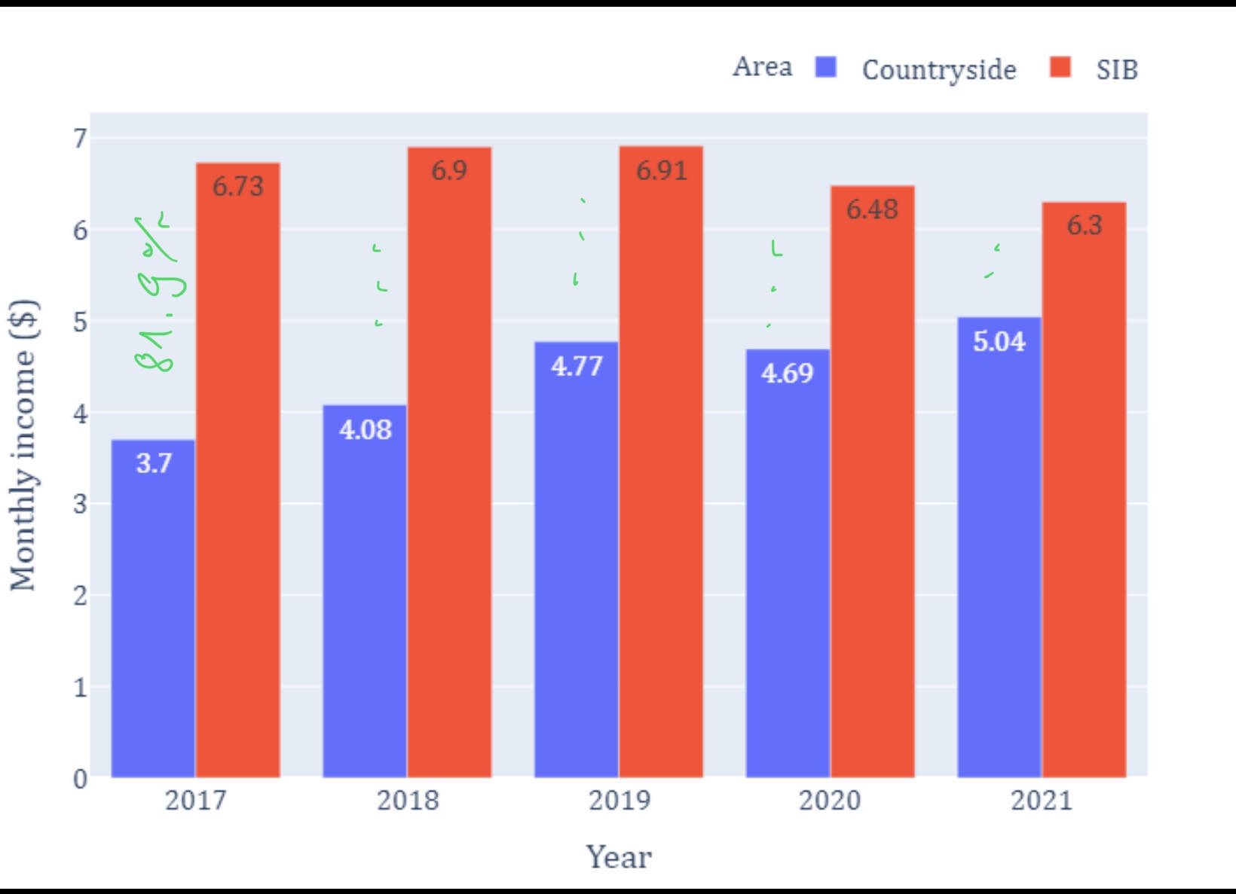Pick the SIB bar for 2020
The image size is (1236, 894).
(x=873, y=482)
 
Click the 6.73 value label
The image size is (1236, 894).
(x=238, y=186)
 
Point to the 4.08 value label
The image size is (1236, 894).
(x=366, y=430)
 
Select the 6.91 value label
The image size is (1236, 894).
(x=662, y=171)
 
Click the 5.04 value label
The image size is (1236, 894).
(x=999, y=342)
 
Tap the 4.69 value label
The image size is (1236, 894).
(x=788, y=374)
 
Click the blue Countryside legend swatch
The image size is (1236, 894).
(x=826, y=68)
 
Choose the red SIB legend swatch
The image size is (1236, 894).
(x=1060, y=68)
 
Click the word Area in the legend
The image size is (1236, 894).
(x=763, y=67)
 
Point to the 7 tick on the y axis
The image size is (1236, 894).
(x=79, y=139)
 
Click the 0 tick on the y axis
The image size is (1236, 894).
(x=79, y=779)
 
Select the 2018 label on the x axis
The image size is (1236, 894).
(x=408, y=800)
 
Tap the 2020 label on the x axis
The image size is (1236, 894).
(x=830, y=800)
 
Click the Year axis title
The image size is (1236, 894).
(x=619, y=857)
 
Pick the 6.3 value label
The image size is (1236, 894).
(x=1085, y=225)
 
